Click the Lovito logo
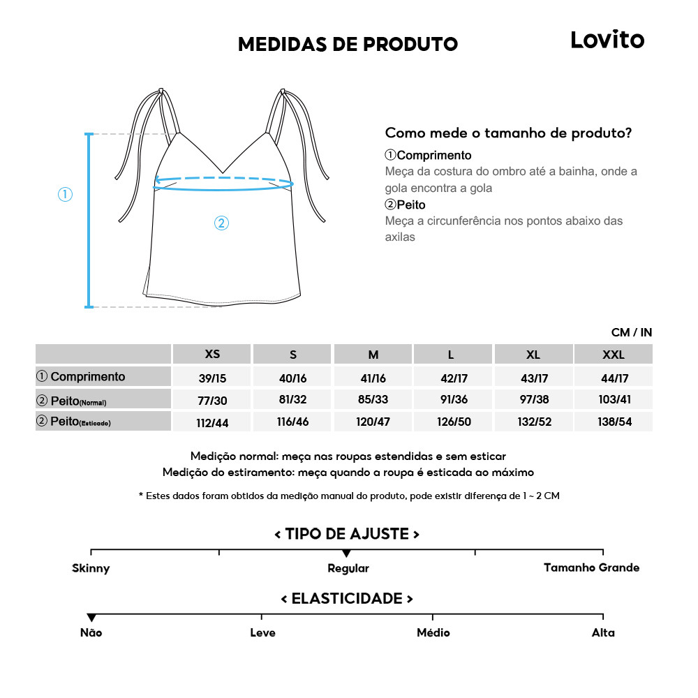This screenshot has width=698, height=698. click(x=607, y=40)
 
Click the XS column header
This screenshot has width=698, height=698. click(x=212, y=354)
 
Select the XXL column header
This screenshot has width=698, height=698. click(x=613, y=355)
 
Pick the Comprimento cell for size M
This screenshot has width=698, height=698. click(x=373, y=378)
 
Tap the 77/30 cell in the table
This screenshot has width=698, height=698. click(x=212, y=401)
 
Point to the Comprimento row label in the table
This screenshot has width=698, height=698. click(x=81, y=377)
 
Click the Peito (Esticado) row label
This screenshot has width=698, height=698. click(x=74, y=422)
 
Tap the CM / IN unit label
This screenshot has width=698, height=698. click(x=632, y=332)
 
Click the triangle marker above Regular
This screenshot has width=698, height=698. click(x=347, y=554)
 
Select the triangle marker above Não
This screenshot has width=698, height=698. click(x=91, y=618)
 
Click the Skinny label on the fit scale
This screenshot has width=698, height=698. click(x=91, y=568)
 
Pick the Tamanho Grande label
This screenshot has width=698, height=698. click(x=591, y=567)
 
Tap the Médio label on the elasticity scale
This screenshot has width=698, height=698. click(x=433, y=632)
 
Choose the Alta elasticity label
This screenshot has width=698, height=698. click(x=603, y=632)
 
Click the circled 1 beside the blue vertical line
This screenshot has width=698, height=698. click(x=65, y=195)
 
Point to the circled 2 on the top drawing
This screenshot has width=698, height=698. click(x=221, y=223)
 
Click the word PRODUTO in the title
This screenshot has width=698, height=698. click(x=410, y=44)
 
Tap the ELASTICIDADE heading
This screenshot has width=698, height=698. click(x=347, y=599)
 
